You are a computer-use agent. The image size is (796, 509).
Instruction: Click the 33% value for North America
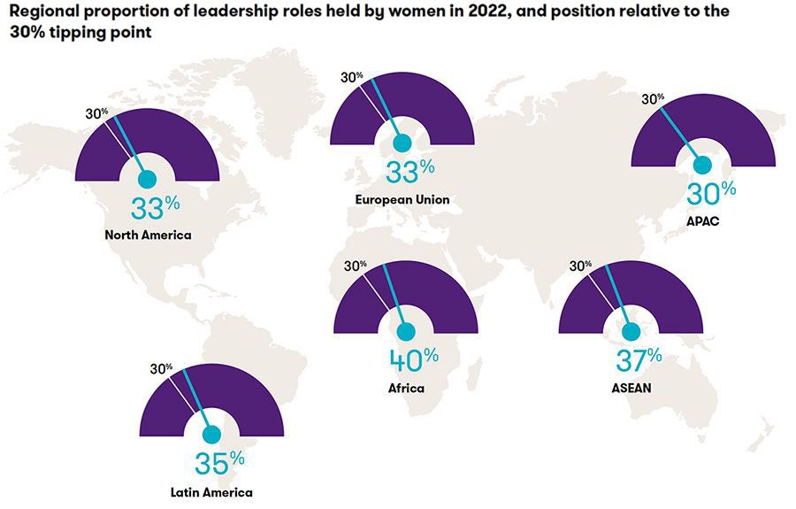pos(156,209)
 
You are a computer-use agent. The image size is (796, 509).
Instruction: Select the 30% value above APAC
pos(714,189)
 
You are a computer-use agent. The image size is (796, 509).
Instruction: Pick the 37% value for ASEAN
pos(638,359)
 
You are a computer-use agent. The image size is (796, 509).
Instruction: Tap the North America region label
pos(148,235)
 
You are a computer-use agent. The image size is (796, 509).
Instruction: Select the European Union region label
pos(402,200)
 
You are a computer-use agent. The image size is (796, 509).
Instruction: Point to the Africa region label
pos(406,389)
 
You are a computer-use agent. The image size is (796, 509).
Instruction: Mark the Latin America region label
pos(211,493)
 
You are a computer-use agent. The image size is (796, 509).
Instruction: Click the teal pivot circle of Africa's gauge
pos(406,332)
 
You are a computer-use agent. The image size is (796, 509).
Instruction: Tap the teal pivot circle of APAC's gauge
pos(703,164)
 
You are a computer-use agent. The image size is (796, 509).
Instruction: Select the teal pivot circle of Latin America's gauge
pos(211,435)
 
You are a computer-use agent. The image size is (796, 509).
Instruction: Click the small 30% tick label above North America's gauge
pos(96,112)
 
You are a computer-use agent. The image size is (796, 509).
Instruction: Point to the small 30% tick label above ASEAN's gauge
pos(581,265)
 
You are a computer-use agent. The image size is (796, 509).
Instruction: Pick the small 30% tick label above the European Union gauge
pos(352,76)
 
